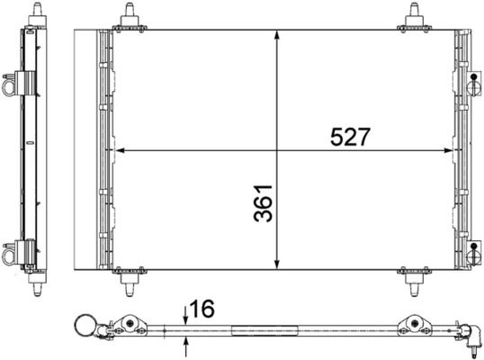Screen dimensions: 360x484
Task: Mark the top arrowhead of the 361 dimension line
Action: [277, 36]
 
